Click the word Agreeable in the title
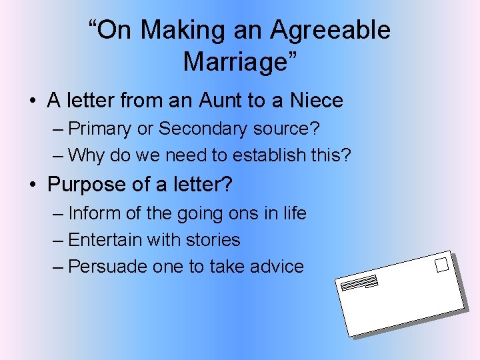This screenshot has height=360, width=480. tap(331, 30)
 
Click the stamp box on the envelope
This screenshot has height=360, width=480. tap(441, 265)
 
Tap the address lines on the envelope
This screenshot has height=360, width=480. tap(359, 284)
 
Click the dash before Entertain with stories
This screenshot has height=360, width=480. tap(58, 240)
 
